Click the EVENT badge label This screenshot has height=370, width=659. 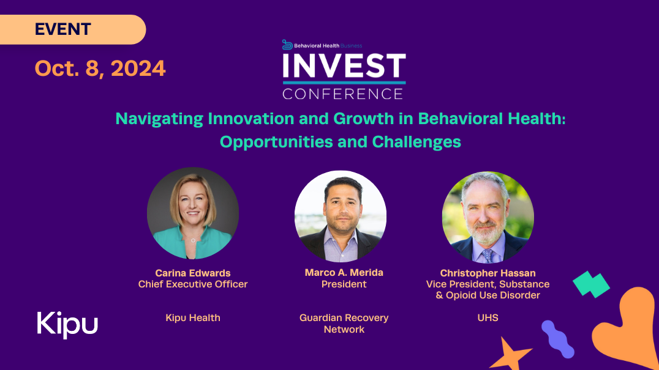pos(62,29)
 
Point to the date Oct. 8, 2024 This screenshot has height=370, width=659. pos(100,68)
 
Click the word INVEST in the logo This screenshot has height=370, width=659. pos(344,66)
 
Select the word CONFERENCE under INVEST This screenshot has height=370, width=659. pos(343,94)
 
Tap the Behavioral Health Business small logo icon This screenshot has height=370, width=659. pos(287,45)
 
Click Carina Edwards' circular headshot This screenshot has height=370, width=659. pos(193,213)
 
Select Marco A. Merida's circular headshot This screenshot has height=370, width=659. pos(341,216)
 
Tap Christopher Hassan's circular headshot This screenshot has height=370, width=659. pos(488,217)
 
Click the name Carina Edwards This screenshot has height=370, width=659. pos(193,273)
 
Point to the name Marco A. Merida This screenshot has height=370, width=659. pos(344,273)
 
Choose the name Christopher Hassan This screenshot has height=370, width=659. pos(488,273)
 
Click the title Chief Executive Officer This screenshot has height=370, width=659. pos(193,284)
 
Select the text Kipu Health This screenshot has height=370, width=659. pos(193,318)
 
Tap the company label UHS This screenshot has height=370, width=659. pos(488,318)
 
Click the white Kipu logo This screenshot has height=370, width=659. pos(67,325)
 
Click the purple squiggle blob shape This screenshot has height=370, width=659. pos(558,339)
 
